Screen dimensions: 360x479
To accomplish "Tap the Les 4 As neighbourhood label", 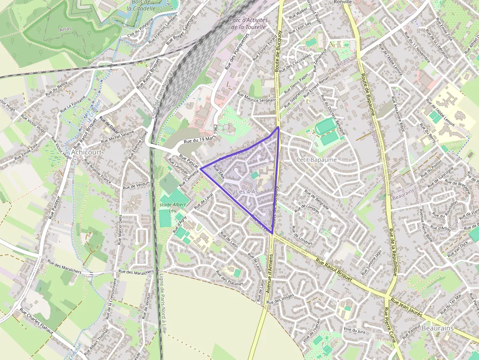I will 246,191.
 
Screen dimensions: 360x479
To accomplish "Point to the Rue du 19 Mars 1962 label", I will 200,135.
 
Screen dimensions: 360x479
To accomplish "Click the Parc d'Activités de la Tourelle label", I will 249,23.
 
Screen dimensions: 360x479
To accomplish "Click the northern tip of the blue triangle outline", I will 278,127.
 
